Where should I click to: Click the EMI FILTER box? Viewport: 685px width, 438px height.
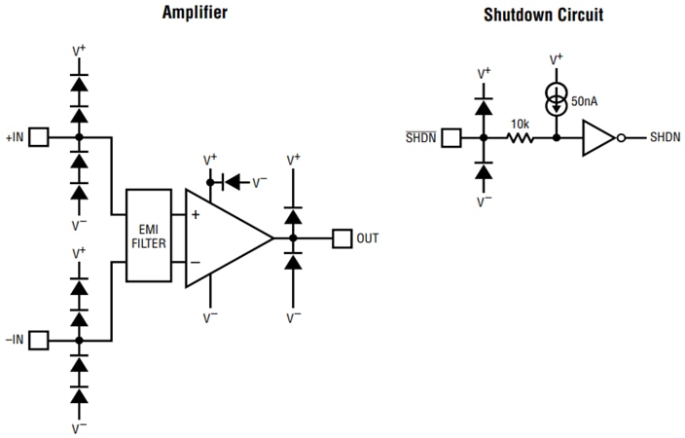click(149, 237)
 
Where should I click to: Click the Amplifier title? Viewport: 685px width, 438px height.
click(196, 13)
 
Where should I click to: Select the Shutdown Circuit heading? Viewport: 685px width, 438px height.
click(543, 15)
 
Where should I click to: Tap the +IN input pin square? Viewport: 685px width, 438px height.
click(38, 138)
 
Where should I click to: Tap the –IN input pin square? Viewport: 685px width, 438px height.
click(38, 341)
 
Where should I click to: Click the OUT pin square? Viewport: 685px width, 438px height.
click(342, 237)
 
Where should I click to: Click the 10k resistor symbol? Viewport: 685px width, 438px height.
click(520, 138)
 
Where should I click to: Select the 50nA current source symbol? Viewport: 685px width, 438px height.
click(556, 100)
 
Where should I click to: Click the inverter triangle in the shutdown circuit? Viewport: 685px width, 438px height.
click(597, 138)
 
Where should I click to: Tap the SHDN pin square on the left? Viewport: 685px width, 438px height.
click(451, 138)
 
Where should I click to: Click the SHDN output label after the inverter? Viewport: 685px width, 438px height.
click(666, 138)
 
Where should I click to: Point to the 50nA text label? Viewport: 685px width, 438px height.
click(585, 101)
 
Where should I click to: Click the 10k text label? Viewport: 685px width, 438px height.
click(520, 124)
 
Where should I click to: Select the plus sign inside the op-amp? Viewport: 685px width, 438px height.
click(196, 214)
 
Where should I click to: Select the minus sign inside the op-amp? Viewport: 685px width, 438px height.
click(196, 262)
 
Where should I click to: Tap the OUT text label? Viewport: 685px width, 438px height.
click(368, 237)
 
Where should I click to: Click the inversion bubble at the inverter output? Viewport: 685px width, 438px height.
click(620, 138)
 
